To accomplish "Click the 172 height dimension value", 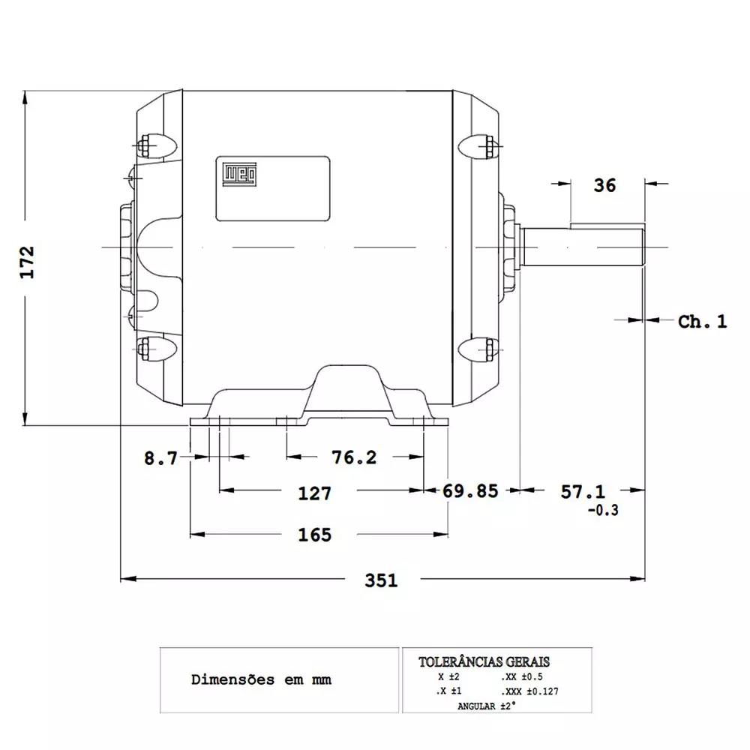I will [x=28, y=262].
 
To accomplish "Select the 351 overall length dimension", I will [x=381, y=580].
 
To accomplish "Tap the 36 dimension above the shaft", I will [x=604, y=185].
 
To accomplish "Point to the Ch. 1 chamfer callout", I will [x=702, y=322].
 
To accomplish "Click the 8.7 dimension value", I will [x=161, y=458].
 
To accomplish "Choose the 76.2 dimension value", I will [x=355, y=457].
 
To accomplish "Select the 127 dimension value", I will [x=315, y=493].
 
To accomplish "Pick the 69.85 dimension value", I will [x=470, y=491].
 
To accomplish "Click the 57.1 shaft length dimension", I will [x=583, y=491].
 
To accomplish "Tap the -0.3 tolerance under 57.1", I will [x=603, y=511].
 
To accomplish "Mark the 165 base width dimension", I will [x=315, y=535].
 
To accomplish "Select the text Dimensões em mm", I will [x=261, y=680].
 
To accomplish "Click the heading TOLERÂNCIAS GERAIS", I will [x=484, y=662].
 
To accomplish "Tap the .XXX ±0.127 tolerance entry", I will [x=529, y=691].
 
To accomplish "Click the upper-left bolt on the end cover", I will [x=144, y=145].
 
